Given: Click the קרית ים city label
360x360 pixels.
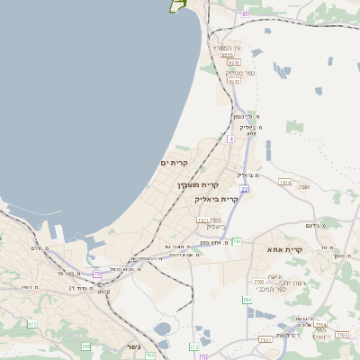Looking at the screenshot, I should point(173,163).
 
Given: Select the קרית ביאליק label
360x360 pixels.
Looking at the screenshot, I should point(217,200).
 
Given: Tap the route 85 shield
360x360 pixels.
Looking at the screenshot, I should point(245,13).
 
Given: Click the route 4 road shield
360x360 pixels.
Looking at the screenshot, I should point(230,139).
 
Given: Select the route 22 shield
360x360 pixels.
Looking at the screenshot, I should point(244,189).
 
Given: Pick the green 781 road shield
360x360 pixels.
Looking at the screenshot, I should point(237,241).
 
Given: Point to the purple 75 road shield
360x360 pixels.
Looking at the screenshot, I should point(97,274).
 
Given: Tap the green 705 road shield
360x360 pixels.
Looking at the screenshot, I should point(86,346).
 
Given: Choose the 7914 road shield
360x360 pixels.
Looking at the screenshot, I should point(285,183).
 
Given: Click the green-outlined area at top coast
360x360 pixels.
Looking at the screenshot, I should point(177,4).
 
